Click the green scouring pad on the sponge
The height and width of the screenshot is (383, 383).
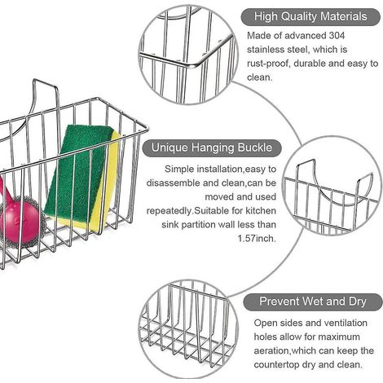pyautogui.click(x=79, y=171)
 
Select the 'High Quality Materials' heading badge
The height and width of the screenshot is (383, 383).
pyautogui.click(x=310, y=17)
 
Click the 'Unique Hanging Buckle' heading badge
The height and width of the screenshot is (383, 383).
pyautogui.click(x=212, y=147)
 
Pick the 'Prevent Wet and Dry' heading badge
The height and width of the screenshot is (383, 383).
pyautogui.click(x=313, y=302)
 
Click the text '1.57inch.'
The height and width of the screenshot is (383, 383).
pyautogui.click(x=257, y=239)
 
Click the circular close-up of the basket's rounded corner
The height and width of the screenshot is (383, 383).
pyautogui.click(x=188, y=55)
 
